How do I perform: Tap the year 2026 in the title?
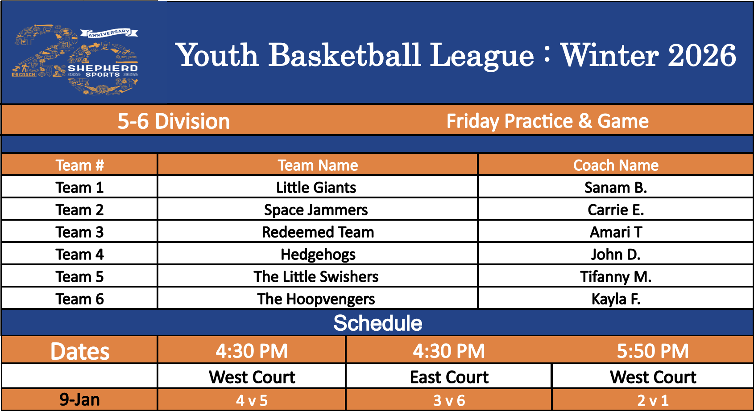(x=702, y=55)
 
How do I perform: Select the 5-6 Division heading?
(x=174, y=121)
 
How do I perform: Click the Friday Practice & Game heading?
(x=547, y=121)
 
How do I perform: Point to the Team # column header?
(x=80, y=165)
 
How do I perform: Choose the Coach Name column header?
(x=616, y=165)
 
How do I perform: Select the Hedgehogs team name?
(x=318, y=255)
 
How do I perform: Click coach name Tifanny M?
(x=616, y=277)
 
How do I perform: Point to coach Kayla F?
(x=616, y=299)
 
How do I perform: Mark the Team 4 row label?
(x=80, y=254)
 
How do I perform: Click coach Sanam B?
(x=616, y=187)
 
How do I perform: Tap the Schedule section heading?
(x=378, y=323)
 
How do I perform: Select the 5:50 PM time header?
(x=653, y=351)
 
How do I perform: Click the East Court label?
(x=449, y=377)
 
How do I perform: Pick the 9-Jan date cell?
(x=80, y=399)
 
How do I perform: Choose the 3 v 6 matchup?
(x=449, y=401)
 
